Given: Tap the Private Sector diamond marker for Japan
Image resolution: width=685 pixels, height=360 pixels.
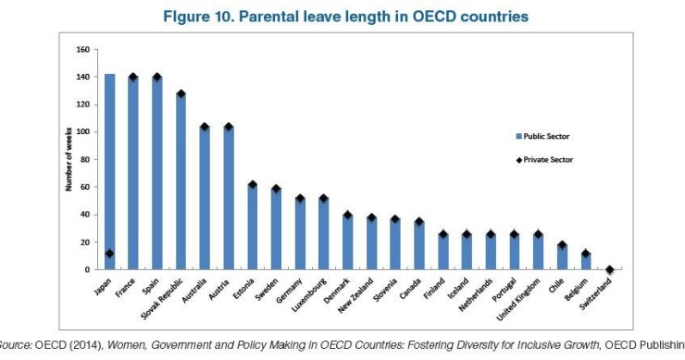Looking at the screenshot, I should [x=109, y=254].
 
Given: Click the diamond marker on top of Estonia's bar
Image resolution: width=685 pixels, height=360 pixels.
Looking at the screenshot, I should [x=252, y=185].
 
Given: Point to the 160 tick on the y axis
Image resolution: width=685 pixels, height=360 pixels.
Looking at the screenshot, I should [x=81, y=49].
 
